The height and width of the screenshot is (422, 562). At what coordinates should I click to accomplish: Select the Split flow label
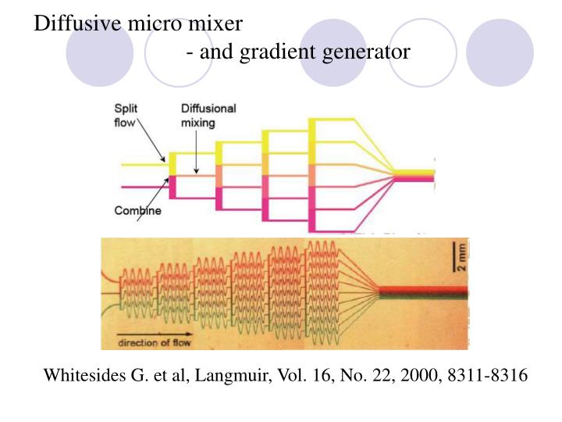(130, 115)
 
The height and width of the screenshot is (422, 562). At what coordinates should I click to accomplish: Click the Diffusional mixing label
(208, 116)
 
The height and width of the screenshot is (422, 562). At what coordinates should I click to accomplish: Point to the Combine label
(138, 210)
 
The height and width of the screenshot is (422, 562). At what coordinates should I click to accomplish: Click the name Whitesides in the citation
(84, 375)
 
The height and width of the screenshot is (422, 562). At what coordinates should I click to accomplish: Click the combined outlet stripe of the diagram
(413, 174)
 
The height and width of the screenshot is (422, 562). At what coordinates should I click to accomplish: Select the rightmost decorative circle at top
(500, 52)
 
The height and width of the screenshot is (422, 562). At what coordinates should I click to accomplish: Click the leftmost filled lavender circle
(99, 52)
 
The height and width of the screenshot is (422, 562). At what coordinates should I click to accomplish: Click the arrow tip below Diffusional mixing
(197, 171)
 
